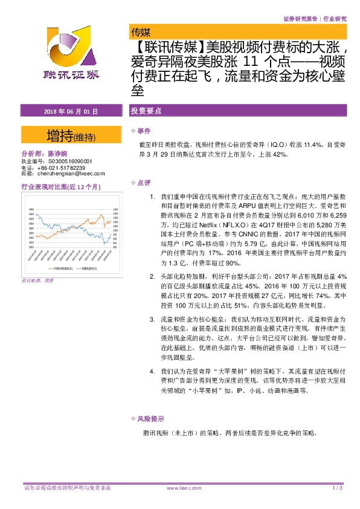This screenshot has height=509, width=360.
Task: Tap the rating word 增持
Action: pos(60,135)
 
